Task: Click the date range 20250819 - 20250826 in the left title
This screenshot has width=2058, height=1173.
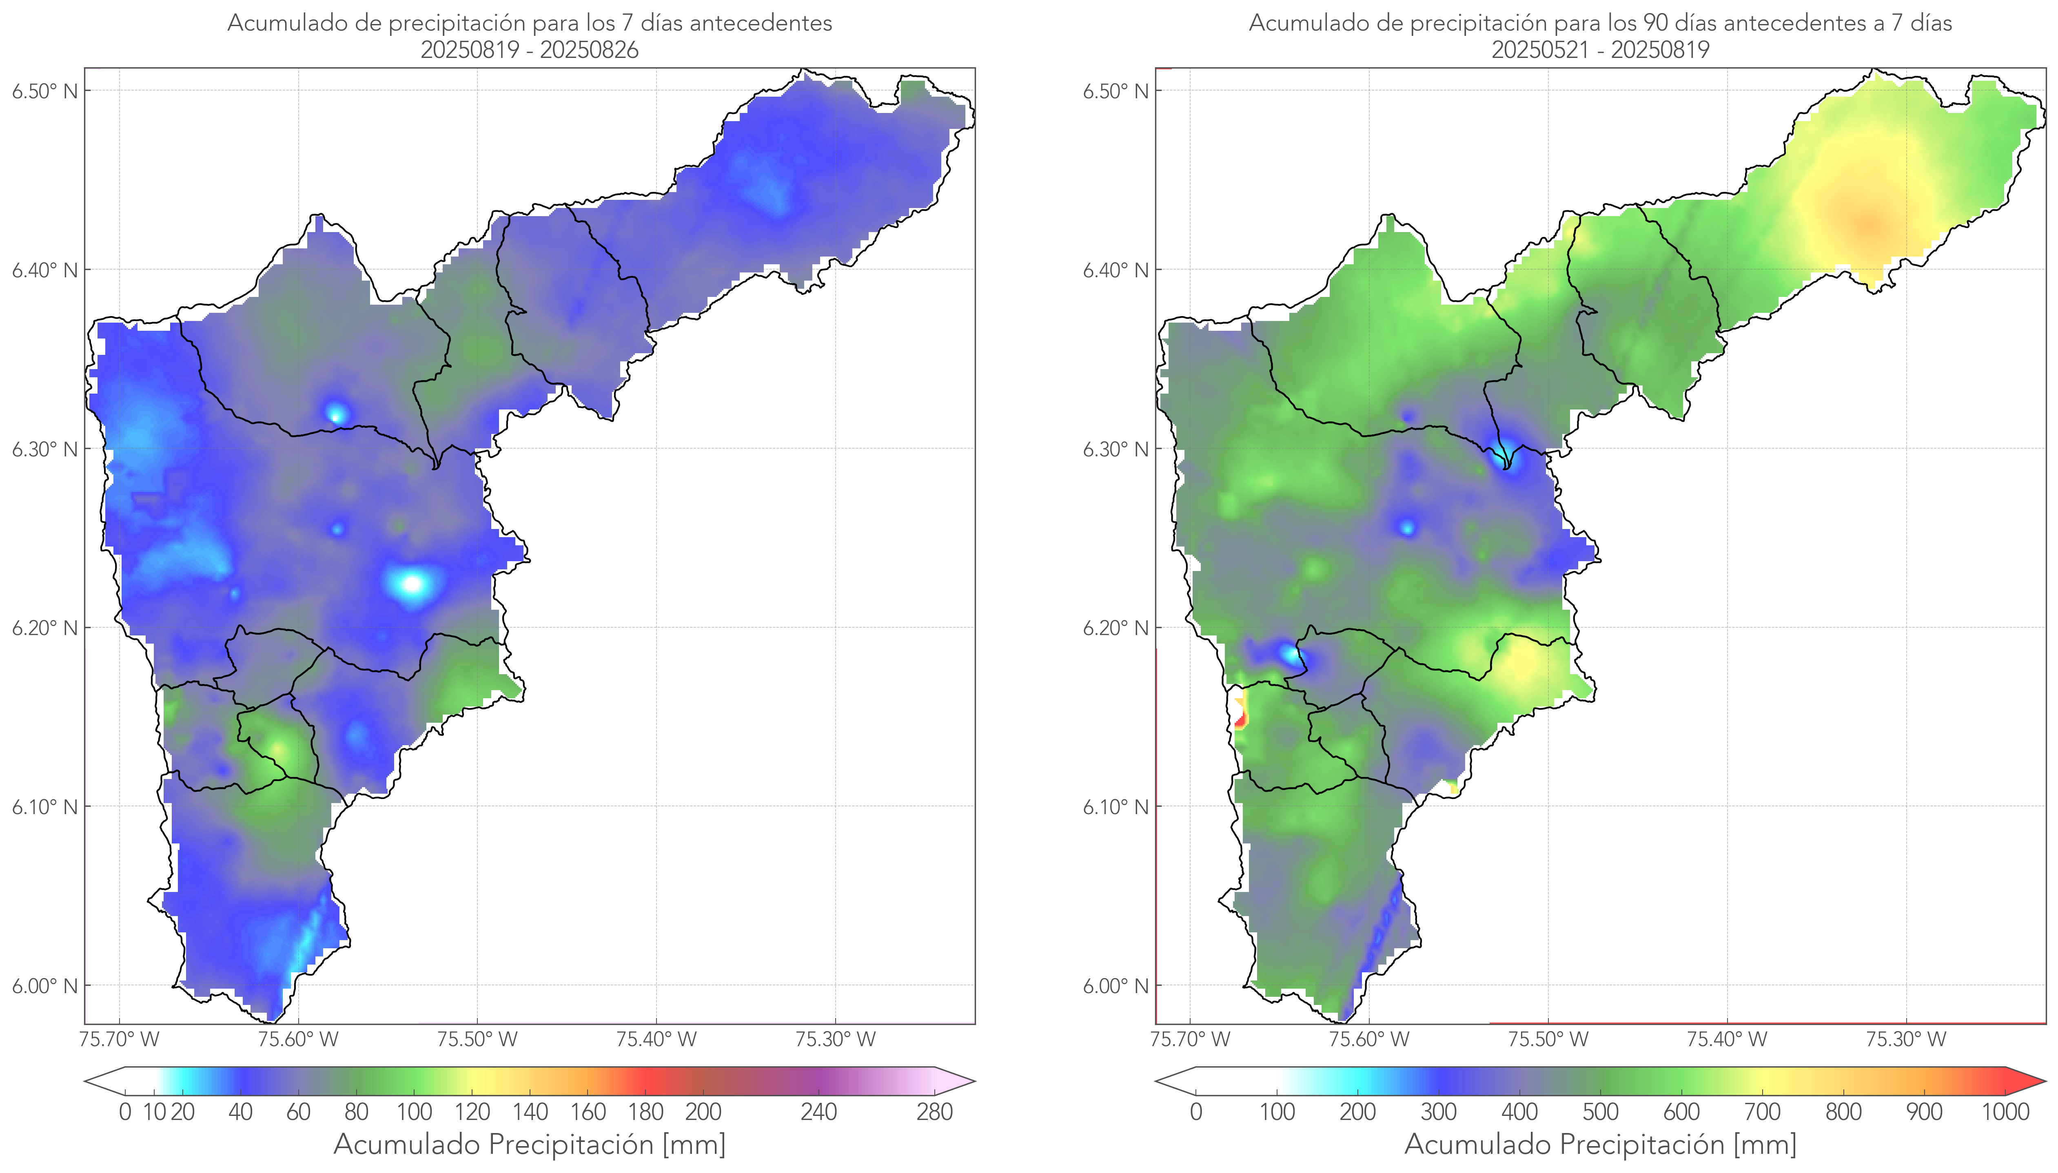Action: pos(530,50)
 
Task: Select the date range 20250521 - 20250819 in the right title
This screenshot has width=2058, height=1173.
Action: pos(1600,50)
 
